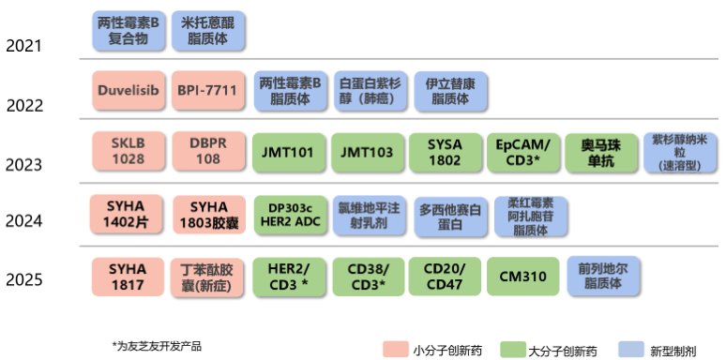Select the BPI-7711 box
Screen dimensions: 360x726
[x=208, y=91]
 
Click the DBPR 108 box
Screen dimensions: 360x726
[x=208, y=152]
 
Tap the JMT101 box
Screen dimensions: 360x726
[x=288, y=152]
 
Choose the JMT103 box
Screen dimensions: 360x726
[x=367, y=152]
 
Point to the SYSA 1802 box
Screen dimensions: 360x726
[x=445, y=152]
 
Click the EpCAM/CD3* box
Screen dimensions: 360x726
[x=523, y=152]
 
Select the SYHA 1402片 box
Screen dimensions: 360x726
[x=128, y=214]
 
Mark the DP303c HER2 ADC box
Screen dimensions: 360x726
[x=288, y=214]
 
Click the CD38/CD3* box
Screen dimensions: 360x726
[x=367, y=276]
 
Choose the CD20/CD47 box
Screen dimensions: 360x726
[x=445, y=276]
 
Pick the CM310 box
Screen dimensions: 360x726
[x=523, y=276]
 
